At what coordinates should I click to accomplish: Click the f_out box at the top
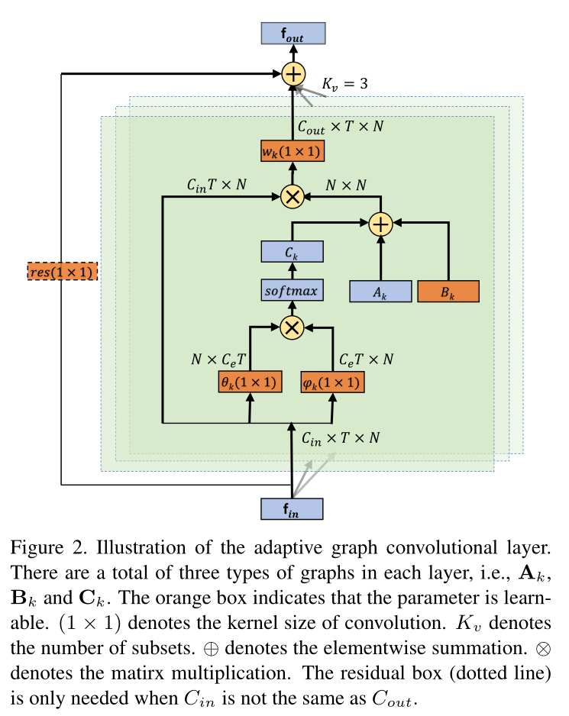point(293,34)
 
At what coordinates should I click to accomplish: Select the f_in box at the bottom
point(292,509)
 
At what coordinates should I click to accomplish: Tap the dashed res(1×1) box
point(62,270)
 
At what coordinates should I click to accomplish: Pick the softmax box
point(291,291)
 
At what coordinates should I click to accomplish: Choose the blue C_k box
point(292,252)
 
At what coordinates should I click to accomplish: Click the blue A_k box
point(380,292)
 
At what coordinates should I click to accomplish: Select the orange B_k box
point(448,292)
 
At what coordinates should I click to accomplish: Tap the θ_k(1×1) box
point(249,382)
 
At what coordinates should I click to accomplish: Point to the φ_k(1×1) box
point(332,382)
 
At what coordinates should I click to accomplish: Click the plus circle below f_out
point(293,74)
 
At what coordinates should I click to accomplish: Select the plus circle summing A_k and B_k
point(380,224)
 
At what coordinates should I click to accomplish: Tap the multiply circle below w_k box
point(292,196)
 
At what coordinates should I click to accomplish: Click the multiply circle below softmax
point(291,327)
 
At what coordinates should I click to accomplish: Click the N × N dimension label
point(345,185)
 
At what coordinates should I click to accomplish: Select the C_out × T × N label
point(341,125)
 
